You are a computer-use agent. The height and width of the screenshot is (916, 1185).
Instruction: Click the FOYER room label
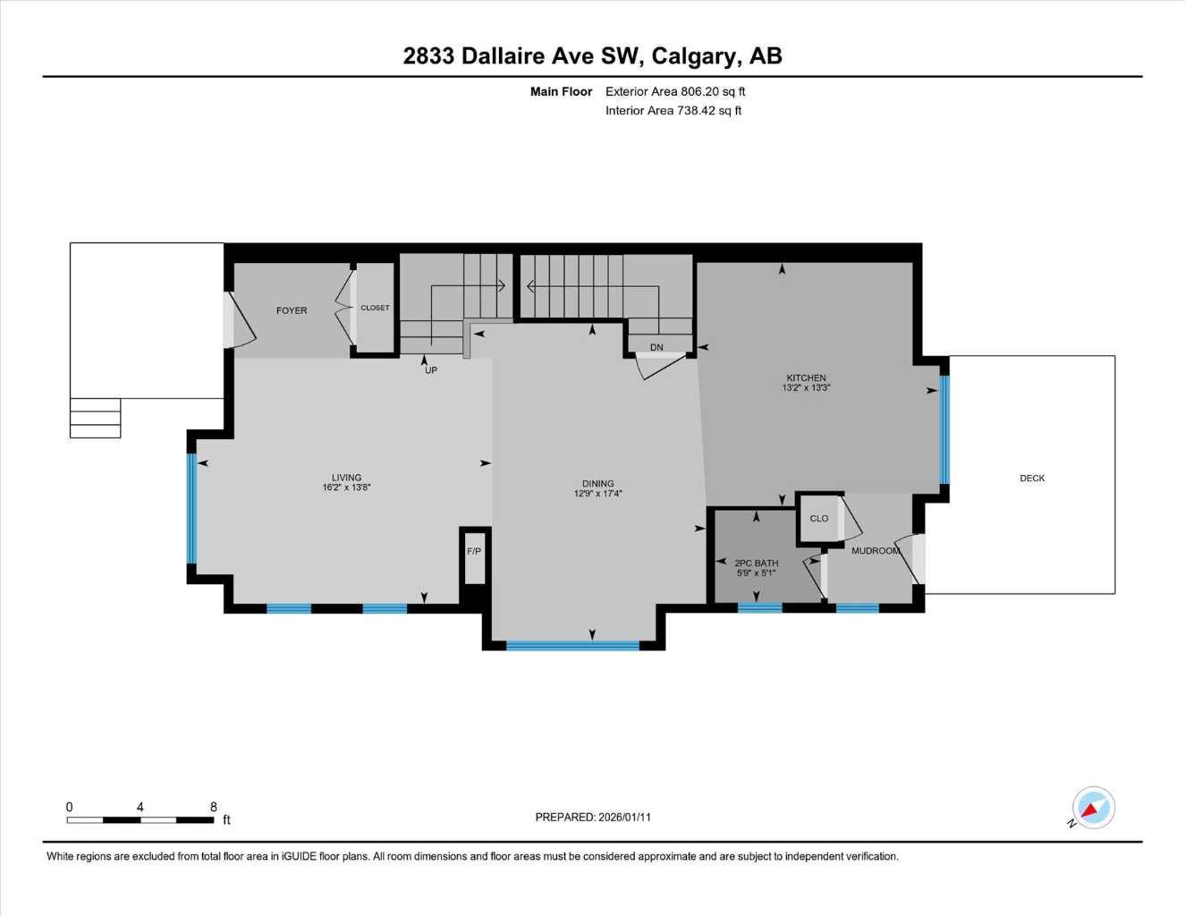pyautogui.click(x=292, y=310)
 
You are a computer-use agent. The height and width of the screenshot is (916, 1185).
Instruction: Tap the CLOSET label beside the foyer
pyautogui.click(x=375, y=308)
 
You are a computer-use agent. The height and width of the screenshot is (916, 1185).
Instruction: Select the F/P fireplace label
pyautogui.click(x=474, y=551)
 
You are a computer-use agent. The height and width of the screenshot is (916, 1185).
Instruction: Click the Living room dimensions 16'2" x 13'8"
pyautogui.click(x=346, y=488)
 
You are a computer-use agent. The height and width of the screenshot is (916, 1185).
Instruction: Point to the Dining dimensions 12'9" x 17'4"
pyautogui.click(x=597, y=494)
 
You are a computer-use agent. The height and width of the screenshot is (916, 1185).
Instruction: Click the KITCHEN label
pyautogui.click(x=806, y=377)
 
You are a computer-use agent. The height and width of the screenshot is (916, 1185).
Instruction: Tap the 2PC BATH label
pyautogui.click(x=756, y=563)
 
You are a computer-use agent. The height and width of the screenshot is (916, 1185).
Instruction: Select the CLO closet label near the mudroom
pyautogui.click(x=818, y=519)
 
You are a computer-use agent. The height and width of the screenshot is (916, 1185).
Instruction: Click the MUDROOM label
pyautogui.click(x=875, y=551)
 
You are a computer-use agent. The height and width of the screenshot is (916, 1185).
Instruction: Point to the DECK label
pyautogui.click(x=1032, y=479)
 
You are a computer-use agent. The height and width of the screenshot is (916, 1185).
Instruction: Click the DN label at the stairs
pyautogui.click(x=656, y=348)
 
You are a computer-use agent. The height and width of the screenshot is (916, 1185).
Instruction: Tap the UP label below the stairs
pyautogui.click(x=431, y=370)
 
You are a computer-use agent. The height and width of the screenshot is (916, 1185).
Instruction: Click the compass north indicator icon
pyautogui.click(x=1092, y=809)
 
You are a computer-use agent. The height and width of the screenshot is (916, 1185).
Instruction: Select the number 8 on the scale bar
pyautogui.click(x=214, y=807)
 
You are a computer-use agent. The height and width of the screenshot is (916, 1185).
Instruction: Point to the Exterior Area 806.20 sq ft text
pyautogui.click(x=675, y=91)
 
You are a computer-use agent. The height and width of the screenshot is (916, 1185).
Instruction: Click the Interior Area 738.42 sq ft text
pyautogui.click(x=673, y=111)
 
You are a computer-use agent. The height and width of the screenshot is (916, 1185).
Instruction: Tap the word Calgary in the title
pyautogui.click(x=695, y=56)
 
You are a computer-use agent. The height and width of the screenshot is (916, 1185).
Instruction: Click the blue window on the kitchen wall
pyautogui.click(x=944, y=429)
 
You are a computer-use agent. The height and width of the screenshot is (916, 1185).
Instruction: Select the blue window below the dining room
pyautogui.click(x=572, y=645)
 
